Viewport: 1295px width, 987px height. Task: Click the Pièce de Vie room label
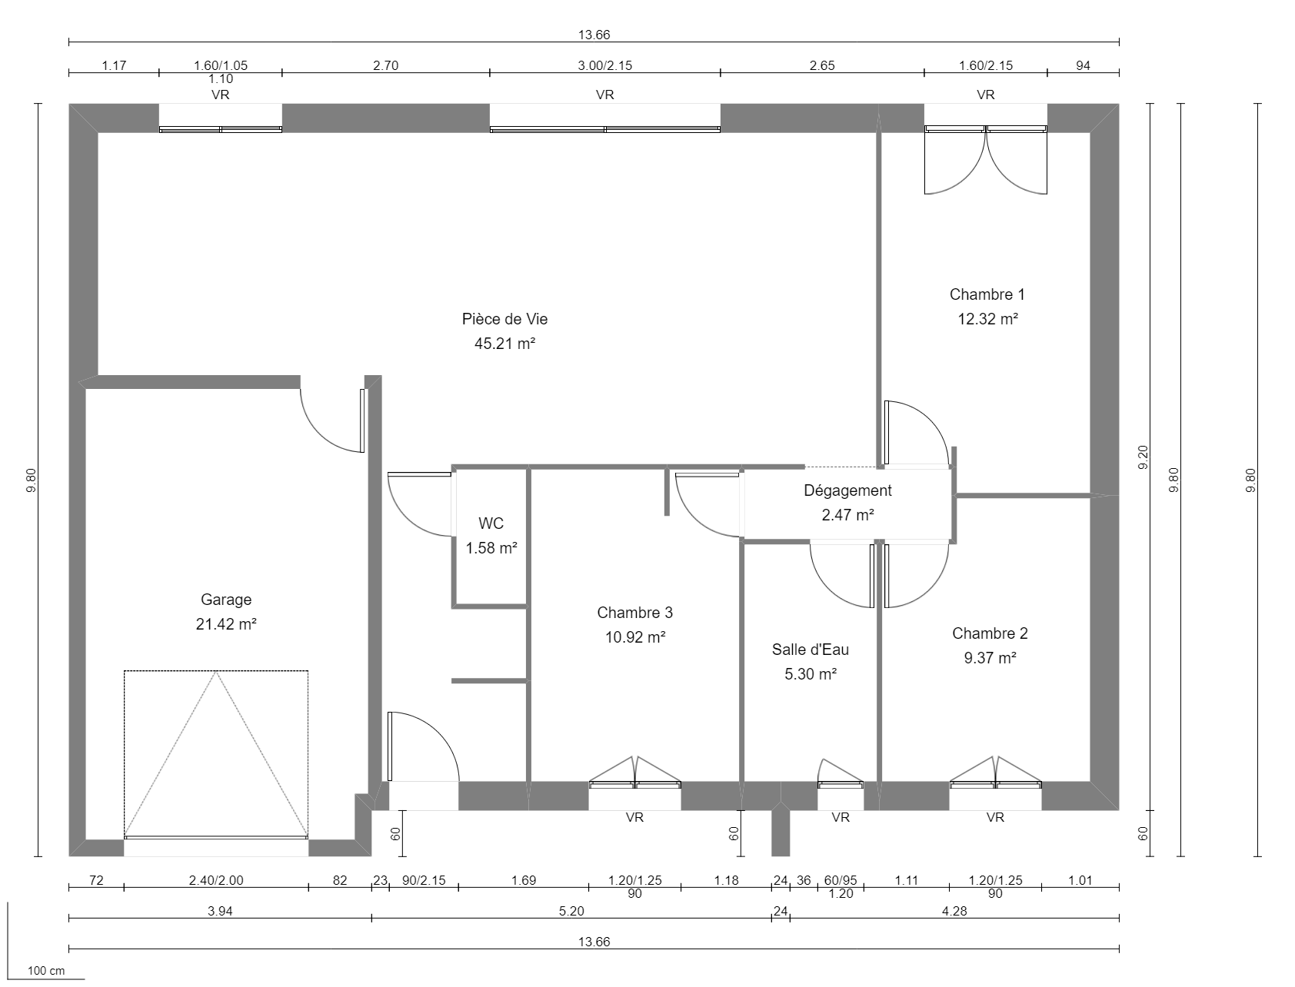point(504,319)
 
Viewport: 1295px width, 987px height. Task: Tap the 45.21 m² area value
point(504,344)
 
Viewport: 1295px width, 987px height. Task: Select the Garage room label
point(226,600)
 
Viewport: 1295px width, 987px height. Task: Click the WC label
point(491,523)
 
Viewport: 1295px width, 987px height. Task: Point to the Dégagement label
point(847,490)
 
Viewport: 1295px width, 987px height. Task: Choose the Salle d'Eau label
point(811,650)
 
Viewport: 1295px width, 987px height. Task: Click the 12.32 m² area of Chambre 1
point(987,319)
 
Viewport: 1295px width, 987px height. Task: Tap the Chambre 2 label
point(989,633)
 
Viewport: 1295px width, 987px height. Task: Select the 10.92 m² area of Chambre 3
point(634,637)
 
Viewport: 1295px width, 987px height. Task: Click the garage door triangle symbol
point(216,753)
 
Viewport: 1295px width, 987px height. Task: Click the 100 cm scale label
point(46,971)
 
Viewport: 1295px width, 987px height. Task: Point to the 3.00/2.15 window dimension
point(604,65)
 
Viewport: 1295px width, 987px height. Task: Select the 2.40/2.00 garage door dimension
point(215,881)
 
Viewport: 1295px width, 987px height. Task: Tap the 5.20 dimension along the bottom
point(571,911)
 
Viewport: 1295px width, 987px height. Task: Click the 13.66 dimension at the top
point(594,35)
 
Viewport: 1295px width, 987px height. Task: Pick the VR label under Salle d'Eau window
point(841,818)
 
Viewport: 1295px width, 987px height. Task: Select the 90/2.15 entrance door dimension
point(424,881)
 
